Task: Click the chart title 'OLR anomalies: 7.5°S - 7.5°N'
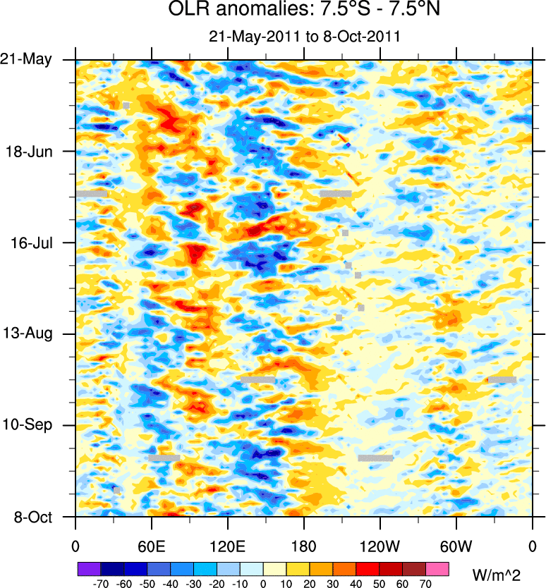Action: coord(304,11)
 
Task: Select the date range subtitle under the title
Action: coord(305,37)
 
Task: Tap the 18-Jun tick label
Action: coord(32,151)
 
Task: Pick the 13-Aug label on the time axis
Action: coord(32,333)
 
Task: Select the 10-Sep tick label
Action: coord(32,425)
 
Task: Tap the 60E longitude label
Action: coord(151,546)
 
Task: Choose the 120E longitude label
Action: coord(227,546)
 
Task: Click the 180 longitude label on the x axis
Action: coord(303,546)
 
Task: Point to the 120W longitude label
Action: coord(380,546)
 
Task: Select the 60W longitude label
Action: coord(456,546)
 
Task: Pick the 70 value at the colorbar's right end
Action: coord(425,584)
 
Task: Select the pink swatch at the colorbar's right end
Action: coord(437,568)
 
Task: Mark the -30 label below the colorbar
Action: coord(193,584)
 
